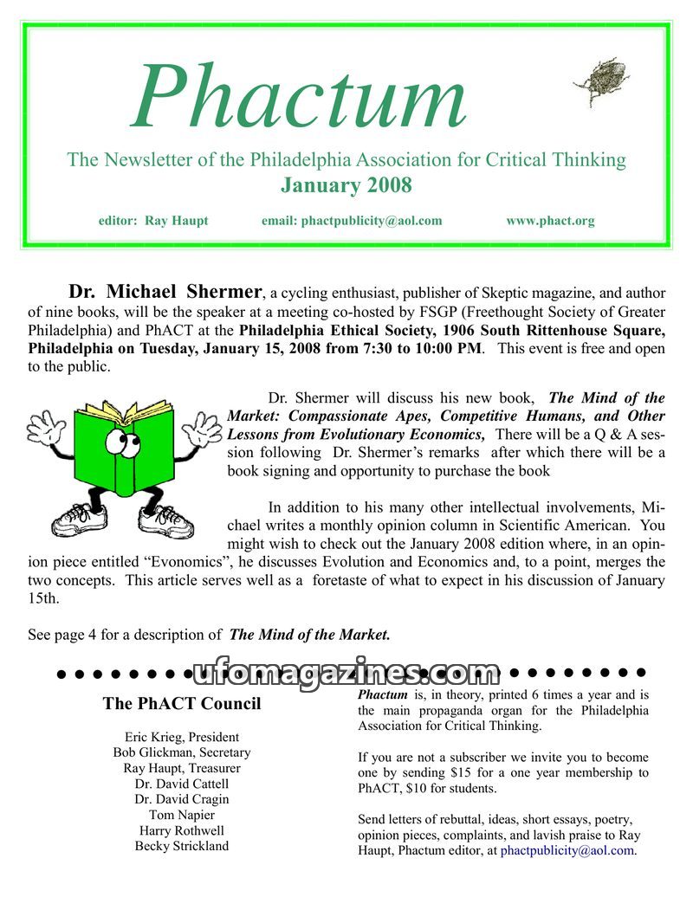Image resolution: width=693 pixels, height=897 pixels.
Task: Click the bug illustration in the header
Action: [598, 80]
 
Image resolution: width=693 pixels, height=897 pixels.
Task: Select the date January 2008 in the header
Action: [346, 185]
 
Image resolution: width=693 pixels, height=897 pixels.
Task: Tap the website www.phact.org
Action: [550, 221]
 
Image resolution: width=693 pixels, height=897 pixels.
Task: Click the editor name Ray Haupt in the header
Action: [176, 221]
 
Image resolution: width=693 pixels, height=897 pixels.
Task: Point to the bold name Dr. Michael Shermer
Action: [165, 291]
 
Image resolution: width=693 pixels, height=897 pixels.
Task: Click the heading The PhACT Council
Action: [182, 703]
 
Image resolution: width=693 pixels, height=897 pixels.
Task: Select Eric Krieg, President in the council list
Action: [182, 737]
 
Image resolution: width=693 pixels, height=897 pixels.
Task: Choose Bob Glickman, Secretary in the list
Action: [182, 752]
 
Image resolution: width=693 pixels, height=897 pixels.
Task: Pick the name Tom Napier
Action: [182, 815]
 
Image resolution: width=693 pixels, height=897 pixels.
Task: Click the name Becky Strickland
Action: [182, 846]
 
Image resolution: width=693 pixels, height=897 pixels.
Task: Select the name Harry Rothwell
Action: [182, 830]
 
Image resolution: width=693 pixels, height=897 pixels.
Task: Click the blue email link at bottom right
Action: [567, 850]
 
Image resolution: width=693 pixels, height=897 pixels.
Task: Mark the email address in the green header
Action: [371, 221]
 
